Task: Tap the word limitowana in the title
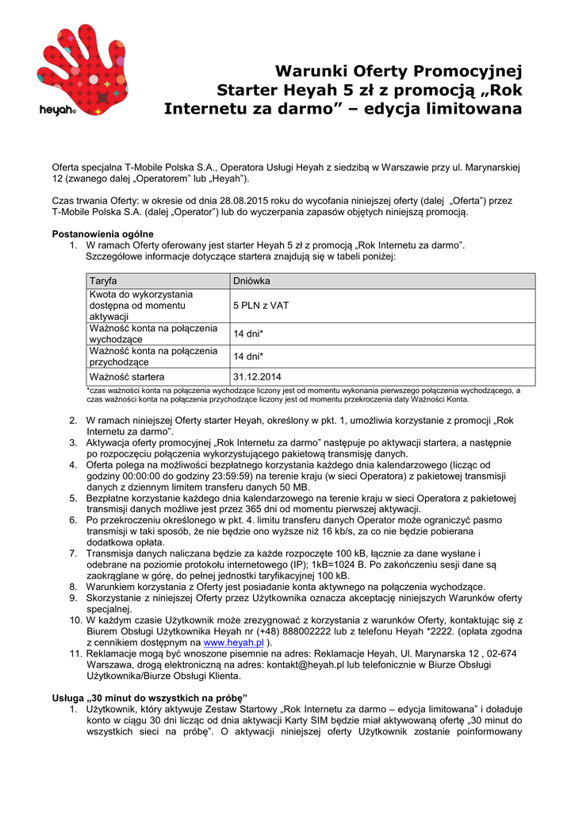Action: tap(469, 108)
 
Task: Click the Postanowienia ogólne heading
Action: tap(102, 234)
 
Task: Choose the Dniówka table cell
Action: tap(252, 281)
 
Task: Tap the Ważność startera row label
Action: tap(127, 376)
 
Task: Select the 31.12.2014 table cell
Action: tap(257, 376)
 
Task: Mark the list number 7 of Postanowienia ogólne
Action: tap(72, 553)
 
